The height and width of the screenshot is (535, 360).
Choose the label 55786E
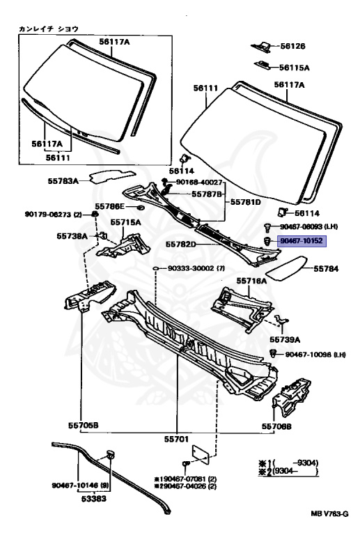(111, 206)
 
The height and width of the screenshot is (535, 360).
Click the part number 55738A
(72, 236)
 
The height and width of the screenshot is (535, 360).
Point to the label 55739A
(285, 339)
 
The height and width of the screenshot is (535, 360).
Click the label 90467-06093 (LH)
(308, 226)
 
